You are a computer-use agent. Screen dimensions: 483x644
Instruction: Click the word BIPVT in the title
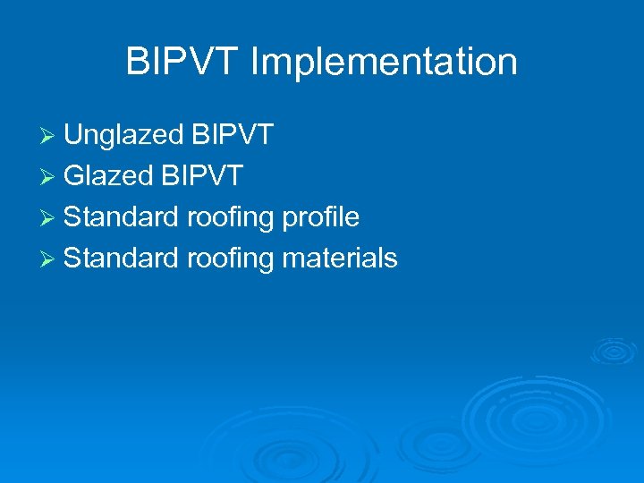pos(183,62)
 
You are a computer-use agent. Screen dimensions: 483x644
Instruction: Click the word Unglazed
pos(124,136)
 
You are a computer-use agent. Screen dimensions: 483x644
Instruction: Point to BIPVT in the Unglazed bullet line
pos(233,135)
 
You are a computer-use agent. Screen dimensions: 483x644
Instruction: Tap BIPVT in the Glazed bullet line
pos(202,176)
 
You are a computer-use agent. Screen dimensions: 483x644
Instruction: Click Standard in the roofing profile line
pos(122,217)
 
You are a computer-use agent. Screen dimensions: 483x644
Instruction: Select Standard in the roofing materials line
pos(122,258)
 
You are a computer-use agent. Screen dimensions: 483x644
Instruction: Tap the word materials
pos(340,258)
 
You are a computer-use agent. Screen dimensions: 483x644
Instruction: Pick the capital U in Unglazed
pos(73,135)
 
